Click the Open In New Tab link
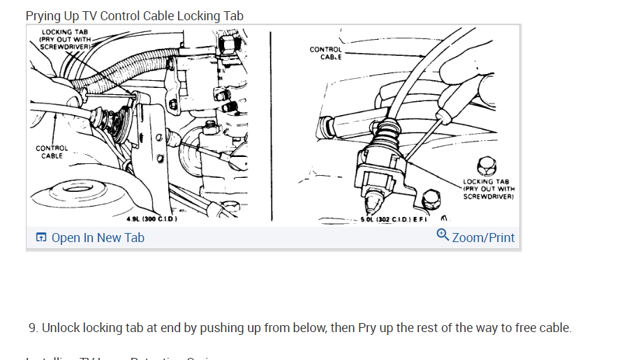[98, 238]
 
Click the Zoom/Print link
[483, 238]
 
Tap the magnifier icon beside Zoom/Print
[443, 235]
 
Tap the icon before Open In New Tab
[41, 238]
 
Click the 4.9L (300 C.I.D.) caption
[151, 219]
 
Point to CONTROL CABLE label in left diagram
[52, 152]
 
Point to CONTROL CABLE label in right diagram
[325, 53]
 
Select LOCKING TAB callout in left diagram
[64, 39]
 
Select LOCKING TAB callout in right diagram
[488, 189]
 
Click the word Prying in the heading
[43, 16]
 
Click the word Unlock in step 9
[60, 328]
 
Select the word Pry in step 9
[367, 328]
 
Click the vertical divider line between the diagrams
[270, 126]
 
